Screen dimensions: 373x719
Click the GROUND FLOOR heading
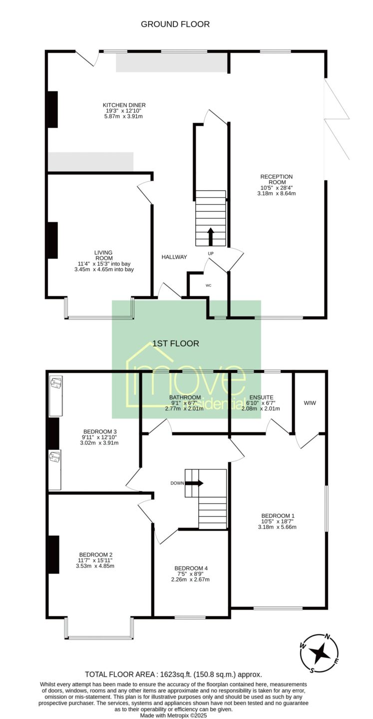175,24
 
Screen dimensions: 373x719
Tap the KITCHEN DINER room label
124,105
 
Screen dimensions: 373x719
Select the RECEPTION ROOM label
277,179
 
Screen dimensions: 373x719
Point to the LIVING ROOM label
104,255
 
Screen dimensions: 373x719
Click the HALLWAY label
174,257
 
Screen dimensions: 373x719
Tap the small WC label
208,286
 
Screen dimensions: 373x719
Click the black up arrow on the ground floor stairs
211,237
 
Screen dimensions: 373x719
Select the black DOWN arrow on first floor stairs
194,483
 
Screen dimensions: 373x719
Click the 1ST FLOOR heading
176,344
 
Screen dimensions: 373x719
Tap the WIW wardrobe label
310,403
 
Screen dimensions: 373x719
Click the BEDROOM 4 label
191,568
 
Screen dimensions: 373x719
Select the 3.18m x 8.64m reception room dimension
277,193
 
